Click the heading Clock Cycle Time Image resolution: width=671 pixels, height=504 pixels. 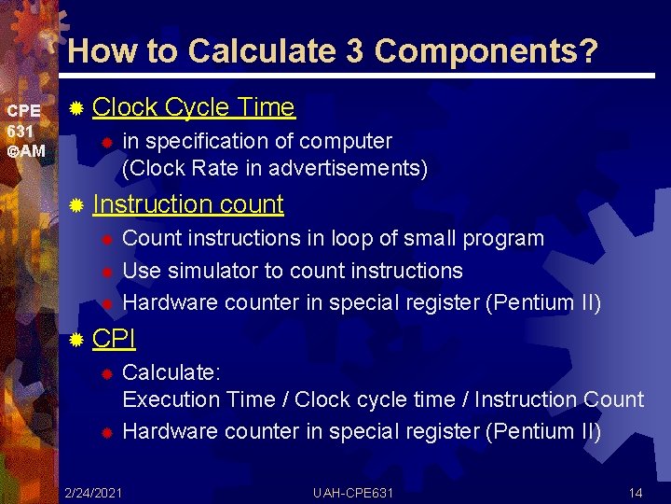coord(194,108)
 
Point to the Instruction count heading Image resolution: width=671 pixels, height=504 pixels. coord(188,203)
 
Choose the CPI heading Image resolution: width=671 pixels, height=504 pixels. coord(114,338)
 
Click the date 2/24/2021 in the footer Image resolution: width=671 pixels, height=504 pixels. coord(93,492)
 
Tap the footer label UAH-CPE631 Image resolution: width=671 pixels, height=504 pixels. coord(354,492)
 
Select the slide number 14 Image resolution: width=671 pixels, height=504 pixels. coord(636,492)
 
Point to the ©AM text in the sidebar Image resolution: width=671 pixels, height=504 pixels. coord(25,150)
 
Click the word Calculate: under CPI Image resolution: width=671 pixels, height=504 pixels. coord(171,372)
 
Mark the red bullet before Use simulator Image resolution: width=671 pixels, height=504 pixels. coord(106,272)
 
